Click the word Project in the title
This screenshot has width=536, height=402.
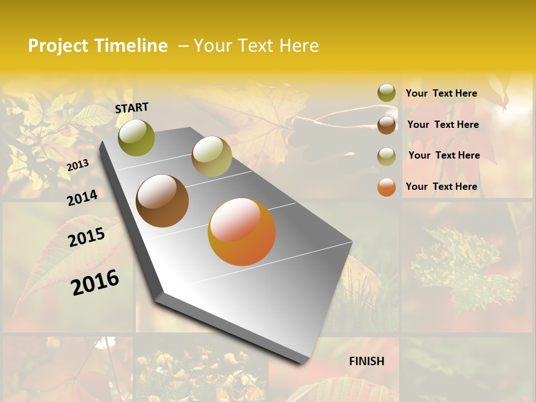click(59, 46)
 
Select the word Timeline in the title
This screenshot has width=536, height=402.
click(131, 46)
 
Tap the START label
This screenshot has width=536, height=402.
click(132, 108)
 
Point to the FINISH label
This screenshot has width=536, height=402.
click(367, 361)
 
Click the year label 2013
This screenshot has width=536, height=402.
click(78, 165)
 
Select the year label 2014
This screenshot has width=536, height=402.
click(82, 198)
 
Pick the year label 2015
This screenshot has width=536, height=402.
click(87, 237)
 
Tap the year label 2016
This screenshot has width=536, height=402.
click(95, 282)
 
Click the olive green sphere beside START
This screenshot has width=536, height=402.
click(136, 137)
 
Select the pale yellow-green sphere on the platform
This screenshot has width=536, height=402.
click(212, 156)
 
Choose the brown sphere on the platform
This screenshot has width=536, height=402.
click(162, 201)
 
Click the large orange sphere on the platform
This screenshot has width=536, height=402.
click(242, 232)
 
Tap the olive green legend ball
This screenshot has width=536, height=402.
click(386, 93)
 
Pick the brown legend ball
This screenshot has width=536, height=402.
click(386, 125)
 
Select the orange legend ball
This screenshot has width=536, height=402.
click(386, 187)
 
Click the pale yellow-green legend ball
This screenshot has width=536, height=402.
click(386, 156)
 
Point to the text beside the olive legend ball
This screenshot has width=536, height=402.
click(442, 93)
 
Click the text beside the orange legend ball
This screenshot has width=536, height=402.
click(442, 186)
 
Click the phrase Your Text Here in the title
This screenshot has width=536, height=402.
click(256, 46)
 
